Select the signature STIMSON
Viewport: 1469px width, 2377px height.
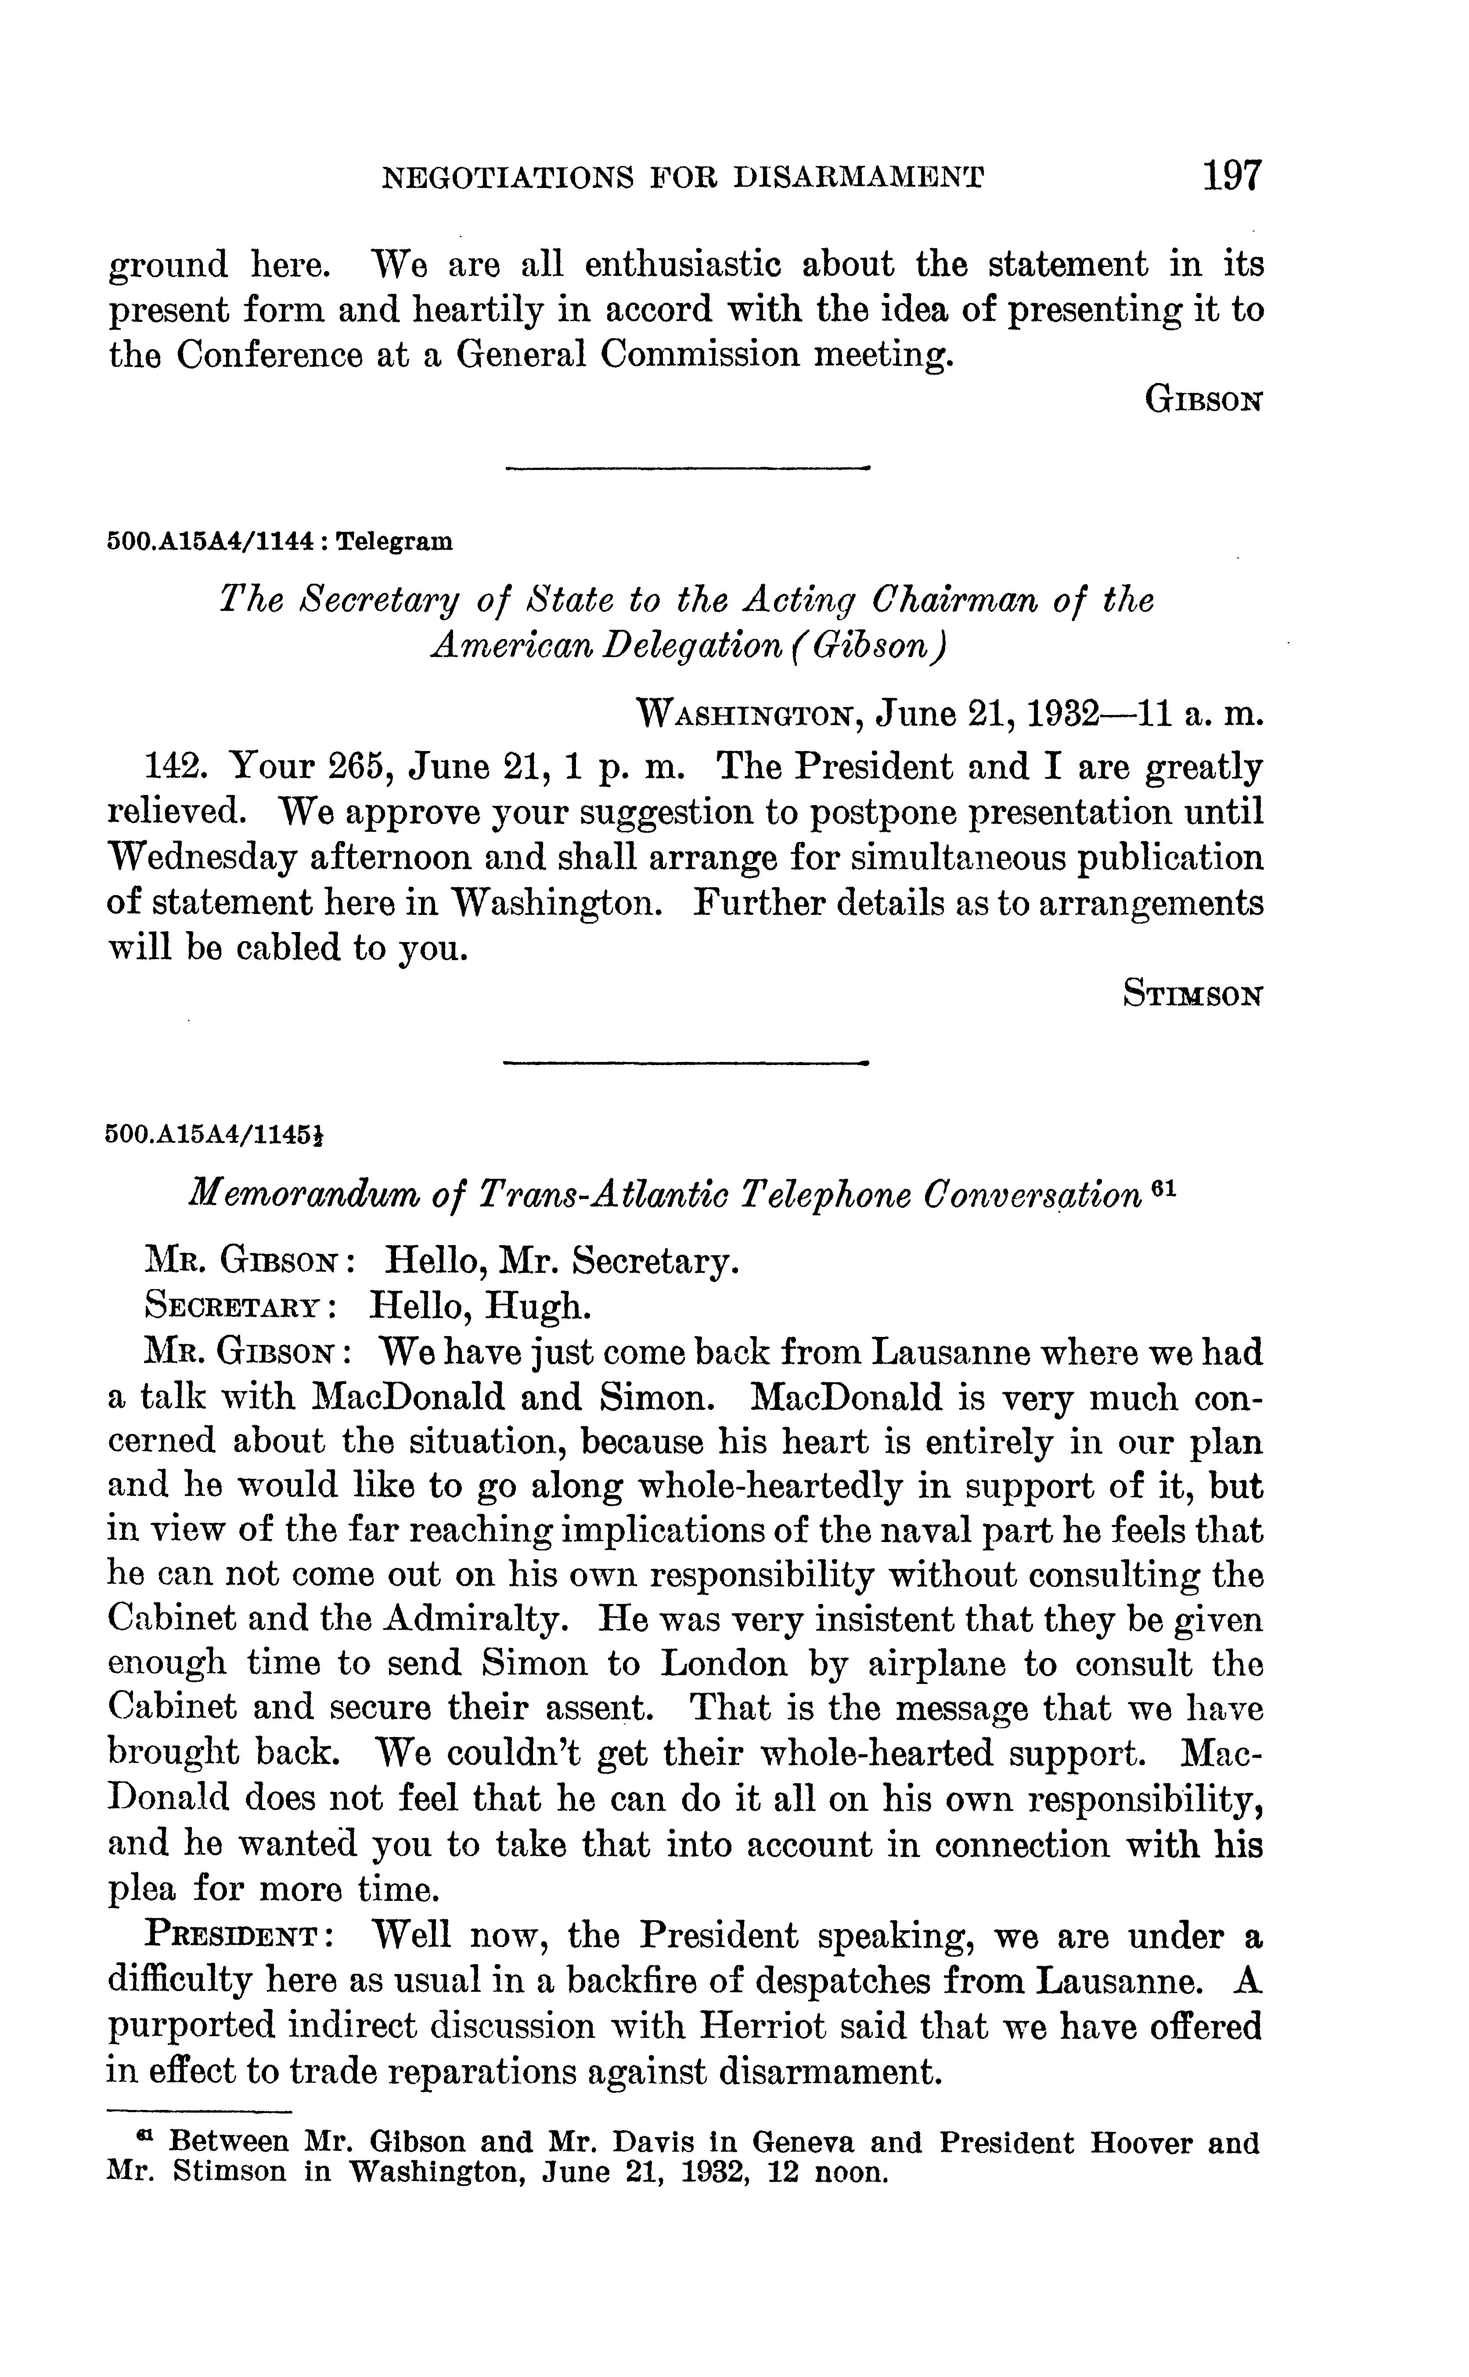(1193, 994)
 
